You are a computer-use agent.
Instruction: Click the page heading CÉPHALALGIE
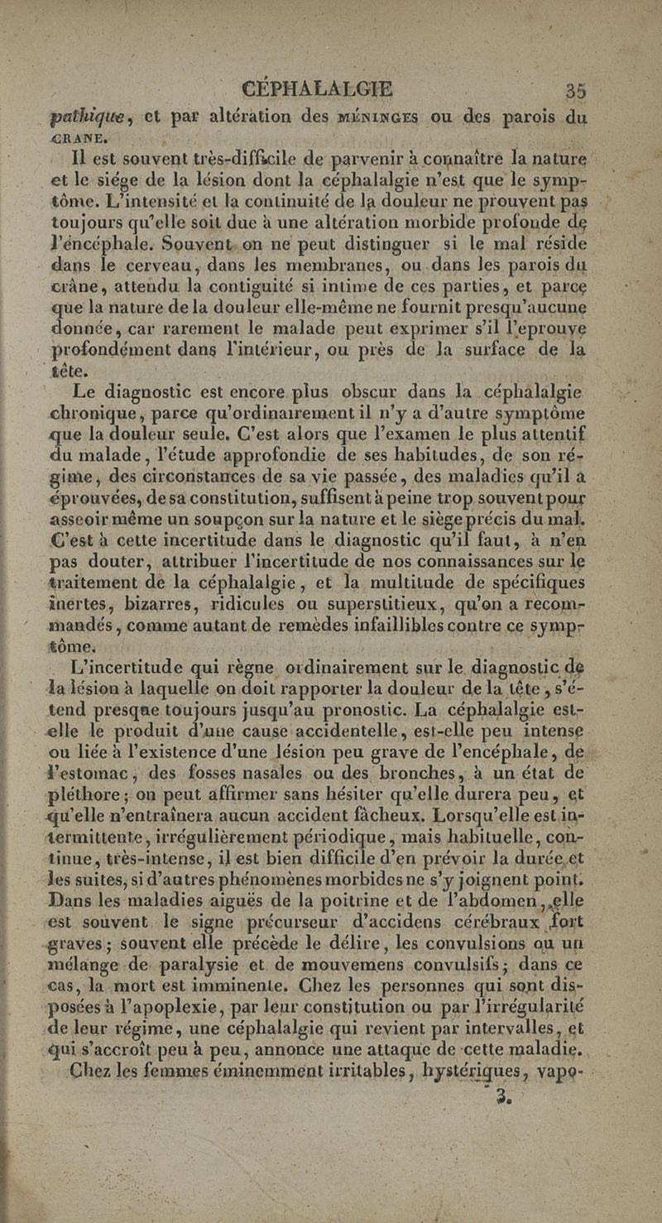(x=314, y=89)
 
